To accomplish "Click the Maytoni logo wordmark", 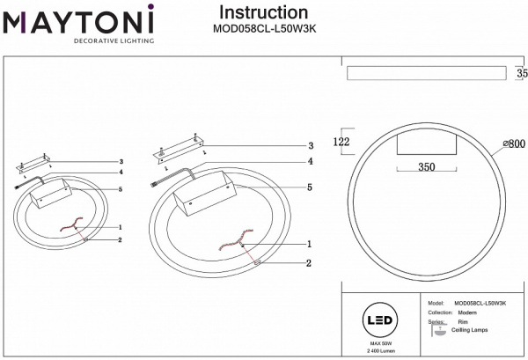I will pos(78,18).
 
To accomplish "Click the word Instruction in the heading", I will pos(263,12).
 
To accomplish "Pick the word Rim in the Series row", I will pos(463,323).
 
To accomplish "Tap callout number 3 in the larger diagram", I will pos(310,146).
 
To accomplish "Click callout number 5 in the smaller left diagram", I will pos(119,189).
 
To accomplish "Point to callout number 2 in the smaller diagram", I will pos(119,239).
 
